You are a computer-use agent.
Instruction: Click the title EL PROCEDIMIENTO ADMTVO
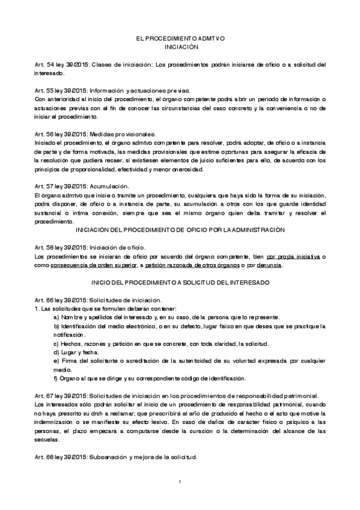point(180,38)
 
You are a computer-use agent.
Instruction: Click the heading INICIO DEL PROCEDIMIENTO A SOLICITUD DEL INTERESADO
point(180,282)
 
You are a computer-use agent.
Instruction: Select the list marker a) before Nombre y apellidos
point(56,317)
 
